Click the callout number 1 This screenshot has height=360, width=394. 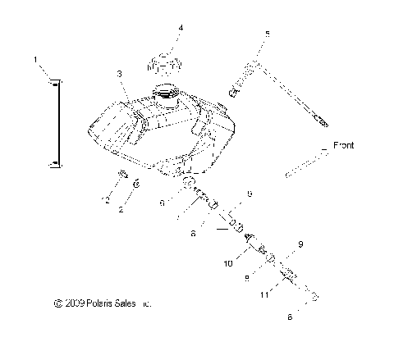(36, 59)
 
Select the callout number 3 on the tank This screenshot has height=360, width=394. (120, 74)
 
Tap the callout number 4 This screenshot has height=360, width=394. (181, 27)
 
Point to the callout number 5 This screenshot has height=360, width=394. (267, 34)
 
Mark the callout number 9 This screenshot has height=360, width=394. (300, 244)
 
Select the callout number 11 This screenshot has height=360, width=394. (264, 293)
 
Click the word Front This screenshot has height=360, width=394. (345, 146)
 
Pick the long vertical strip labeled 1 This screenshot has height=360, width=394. (57, 121)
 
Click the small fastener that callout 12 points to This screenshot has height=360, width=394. (122, 175)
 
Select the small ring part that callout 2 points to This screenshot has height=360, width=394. (138, 183)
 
